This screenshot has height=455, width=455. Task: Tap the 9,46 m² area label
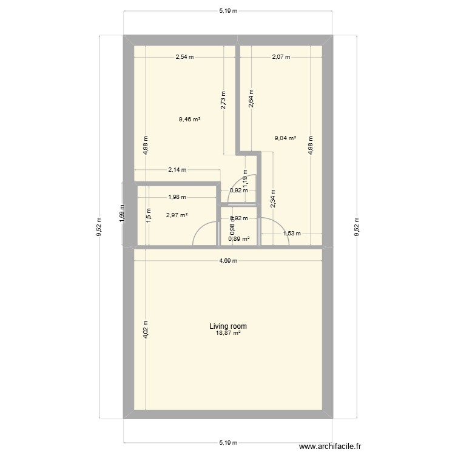(189, 120)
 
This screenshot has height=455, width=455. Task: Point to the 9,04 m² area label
(285, 138)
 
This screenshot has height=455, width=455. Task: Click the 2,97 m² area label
(177, 215)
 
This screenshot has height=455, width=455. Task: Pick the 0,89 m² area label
(238, 239)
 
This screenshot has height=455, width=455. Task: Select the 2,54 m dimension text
(184, 58)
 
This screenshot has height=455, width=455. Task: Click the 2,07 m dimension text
(281, 58)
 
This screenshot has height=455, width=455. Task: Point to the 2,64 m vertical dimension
(251, 98)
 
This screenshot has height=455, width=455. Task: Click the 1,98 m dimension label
(177, 197)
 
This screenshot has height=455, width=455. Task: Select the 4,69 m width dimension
(228, 261)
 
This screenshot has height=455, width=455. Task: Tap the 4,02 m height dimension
(146, 330)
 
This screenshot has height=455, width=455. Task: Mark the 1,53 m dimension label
(292, 234)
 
